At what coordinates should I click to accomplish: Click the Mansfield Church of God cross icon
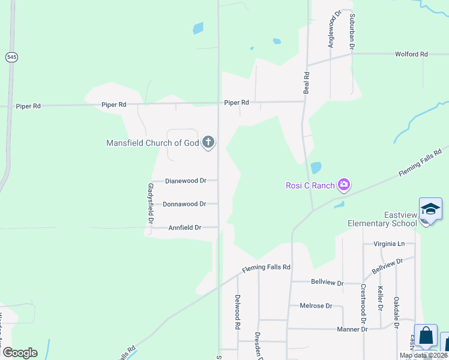pyautogui.click(x=208, y=142)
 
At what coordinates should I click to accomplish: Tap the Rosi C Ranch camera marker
pyautogui.click(x=344, y=185)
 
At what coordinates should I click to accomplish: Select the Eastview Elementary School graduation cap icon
pyautogui.click(x=430, y=209)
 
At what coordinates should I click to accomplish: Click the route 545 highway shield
pyautogui.click(x=11, y=57)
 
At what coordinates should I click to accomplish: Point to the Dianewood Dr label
pyautogui.click(x=185, y=180)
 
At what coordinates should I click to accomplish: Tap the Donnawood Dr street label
pyautogui.click(x=184, y=204)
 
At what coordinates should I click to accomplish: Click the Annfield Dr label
pyautogui.click(x=184, y=228)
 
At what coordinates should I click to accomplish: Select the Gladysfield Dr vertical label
pyautogui.click(x=151, y=203)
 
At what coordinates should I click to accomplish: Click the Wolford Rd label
pyautogui.click(x=411, y=54)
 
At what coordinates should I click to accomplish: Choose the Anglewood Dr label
pyautogui.click(x=330, y=28)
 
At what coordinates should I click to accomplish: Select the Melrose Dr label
pyautogui.click(x=316, y=305)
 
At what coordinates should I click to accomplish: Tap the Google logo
pyautogui.click(x=20, y=353)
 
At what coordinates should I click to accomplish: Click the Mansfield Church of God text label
pyautogui.click(x=152, y=143)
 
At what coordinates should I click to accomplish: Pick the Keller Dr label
pyautogui.click(x=381, y=298)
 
